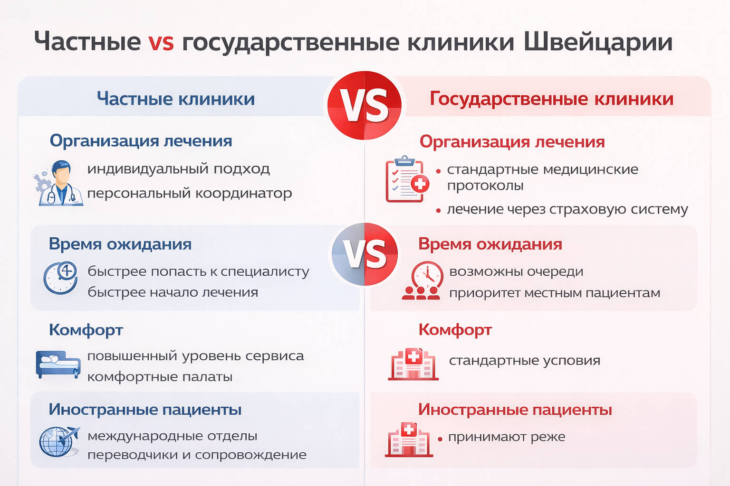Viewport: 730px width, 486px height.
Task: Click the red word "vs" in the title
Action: [161, 42]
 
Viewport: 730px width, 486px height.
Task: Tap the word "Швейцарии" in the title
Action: [598, 42]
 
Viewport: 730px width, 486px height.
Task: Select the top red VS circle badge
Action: [365, 105]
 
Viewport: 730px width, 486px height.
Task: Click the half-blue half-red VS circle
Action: [365, 254]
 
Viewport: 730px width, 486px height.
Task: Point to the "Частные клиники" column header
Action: [176, 99]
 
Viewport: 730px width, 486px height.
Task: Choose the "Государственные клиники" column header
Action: [551, 99]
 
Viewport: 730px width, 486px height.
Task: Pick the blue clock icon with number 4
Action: [61, 277]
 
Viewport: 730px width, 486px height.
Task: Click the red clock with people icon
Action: [423, 281]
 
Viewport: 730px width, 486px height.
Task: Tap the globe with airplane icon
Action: [58, 441]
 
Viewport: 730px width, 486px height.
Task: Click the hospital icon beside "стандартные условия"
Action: [413, 364]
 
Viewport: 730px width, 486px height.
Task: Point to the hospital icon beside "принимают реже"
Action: [409, 439]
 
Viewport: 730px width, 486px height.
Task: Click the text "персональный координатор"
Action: [189, 194]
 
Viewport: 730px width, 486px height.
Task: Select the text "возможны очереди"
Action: [516, 271]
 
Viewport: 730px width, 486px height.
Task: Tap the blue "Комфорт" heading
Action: [86, 330]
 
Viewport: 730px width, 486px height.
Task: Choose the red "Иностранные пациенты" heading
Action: [515, 409]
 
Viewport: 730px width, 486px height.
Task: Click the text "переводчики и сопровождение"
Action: [197, 455]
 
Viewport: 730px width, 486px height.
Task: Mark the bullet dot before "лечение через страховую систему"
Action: [438, 210]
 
